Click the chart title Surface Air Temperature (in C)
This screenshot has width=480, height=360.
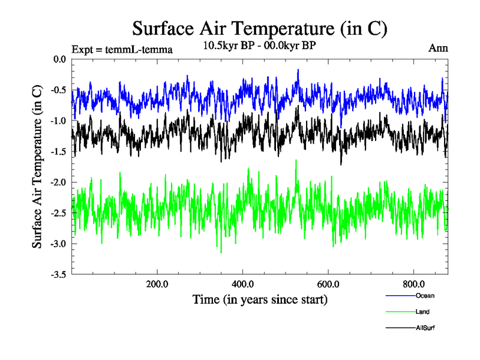(x=259, y=28)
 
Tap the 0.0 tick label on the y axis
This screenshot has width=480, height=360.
(x=60, y=59)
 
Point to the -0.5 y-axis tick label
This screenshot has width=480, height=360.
(x=59, y=90)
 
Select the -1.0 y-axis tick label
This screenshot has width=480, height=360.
(x=59, y=121)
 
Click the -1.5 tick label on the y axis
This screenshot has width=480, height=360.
(x=59, y=151)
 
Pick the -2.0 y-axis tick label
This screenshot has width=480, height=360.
(x=59, y=182)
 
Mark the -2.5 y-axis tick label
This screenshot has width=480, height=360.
(x=59, y=213)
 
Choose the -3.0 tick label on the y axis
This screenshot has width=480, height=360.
(x=59, y=244)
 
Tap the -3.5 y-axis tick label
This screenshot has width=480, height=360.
(x=59, y=274)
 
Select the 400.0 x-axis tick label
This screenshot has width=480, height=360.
(x=242, y=284)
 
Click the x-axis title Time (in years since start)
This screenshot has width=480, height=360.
(x=260, y=299)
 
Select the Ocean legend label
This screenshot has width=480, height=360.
(x=424, y=295)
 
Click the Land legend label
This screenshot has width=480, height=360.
(x=422, y=311)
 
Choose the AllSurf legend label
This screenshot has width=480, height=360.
(x=424, y=328)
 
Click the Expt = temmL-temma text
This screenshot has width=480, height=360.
(x=122, y=50)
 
